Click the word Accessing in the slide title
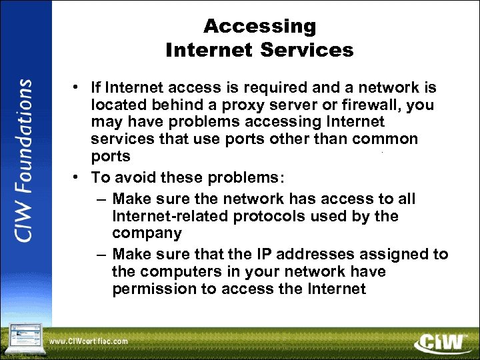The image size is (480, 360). pyautogui.click(x=259, y=27)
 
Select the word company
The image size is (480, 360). pyautogui.click(x=147, y=233)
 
